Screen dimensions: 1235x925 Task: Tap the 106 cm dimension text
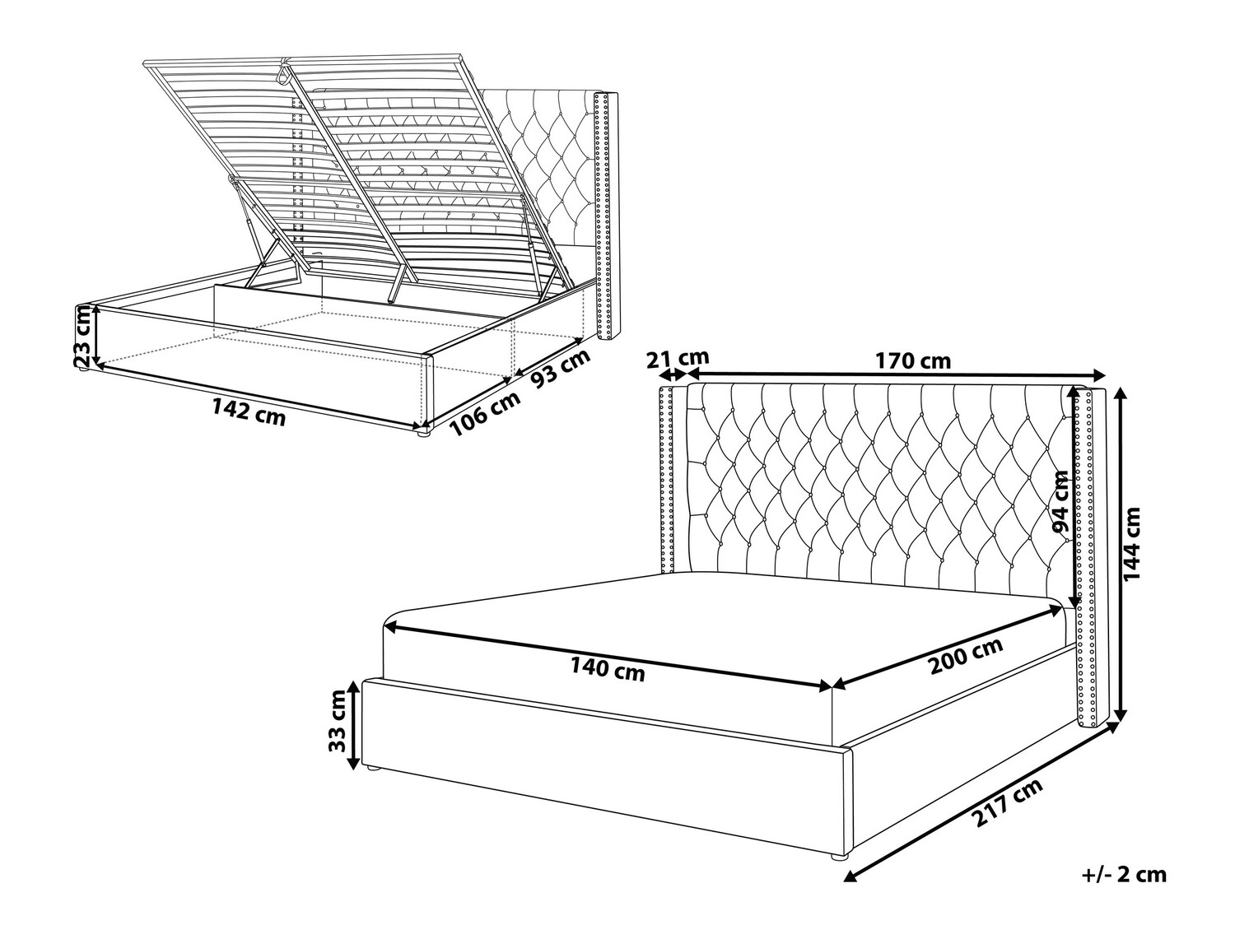[x=485, y=415]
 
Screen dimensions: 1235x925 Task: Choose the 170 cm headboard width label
[x=912, y=360]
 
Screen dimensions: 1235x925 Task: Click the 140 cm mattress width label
[x=608, y=670]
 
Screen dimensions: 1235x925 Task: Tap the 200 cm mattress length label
[x=966, y=656]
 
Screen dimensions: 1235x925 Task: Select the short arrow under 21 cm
[x=671, y=375]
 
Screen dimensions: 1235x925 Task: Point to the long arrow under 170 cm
[x=897, y=374]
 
